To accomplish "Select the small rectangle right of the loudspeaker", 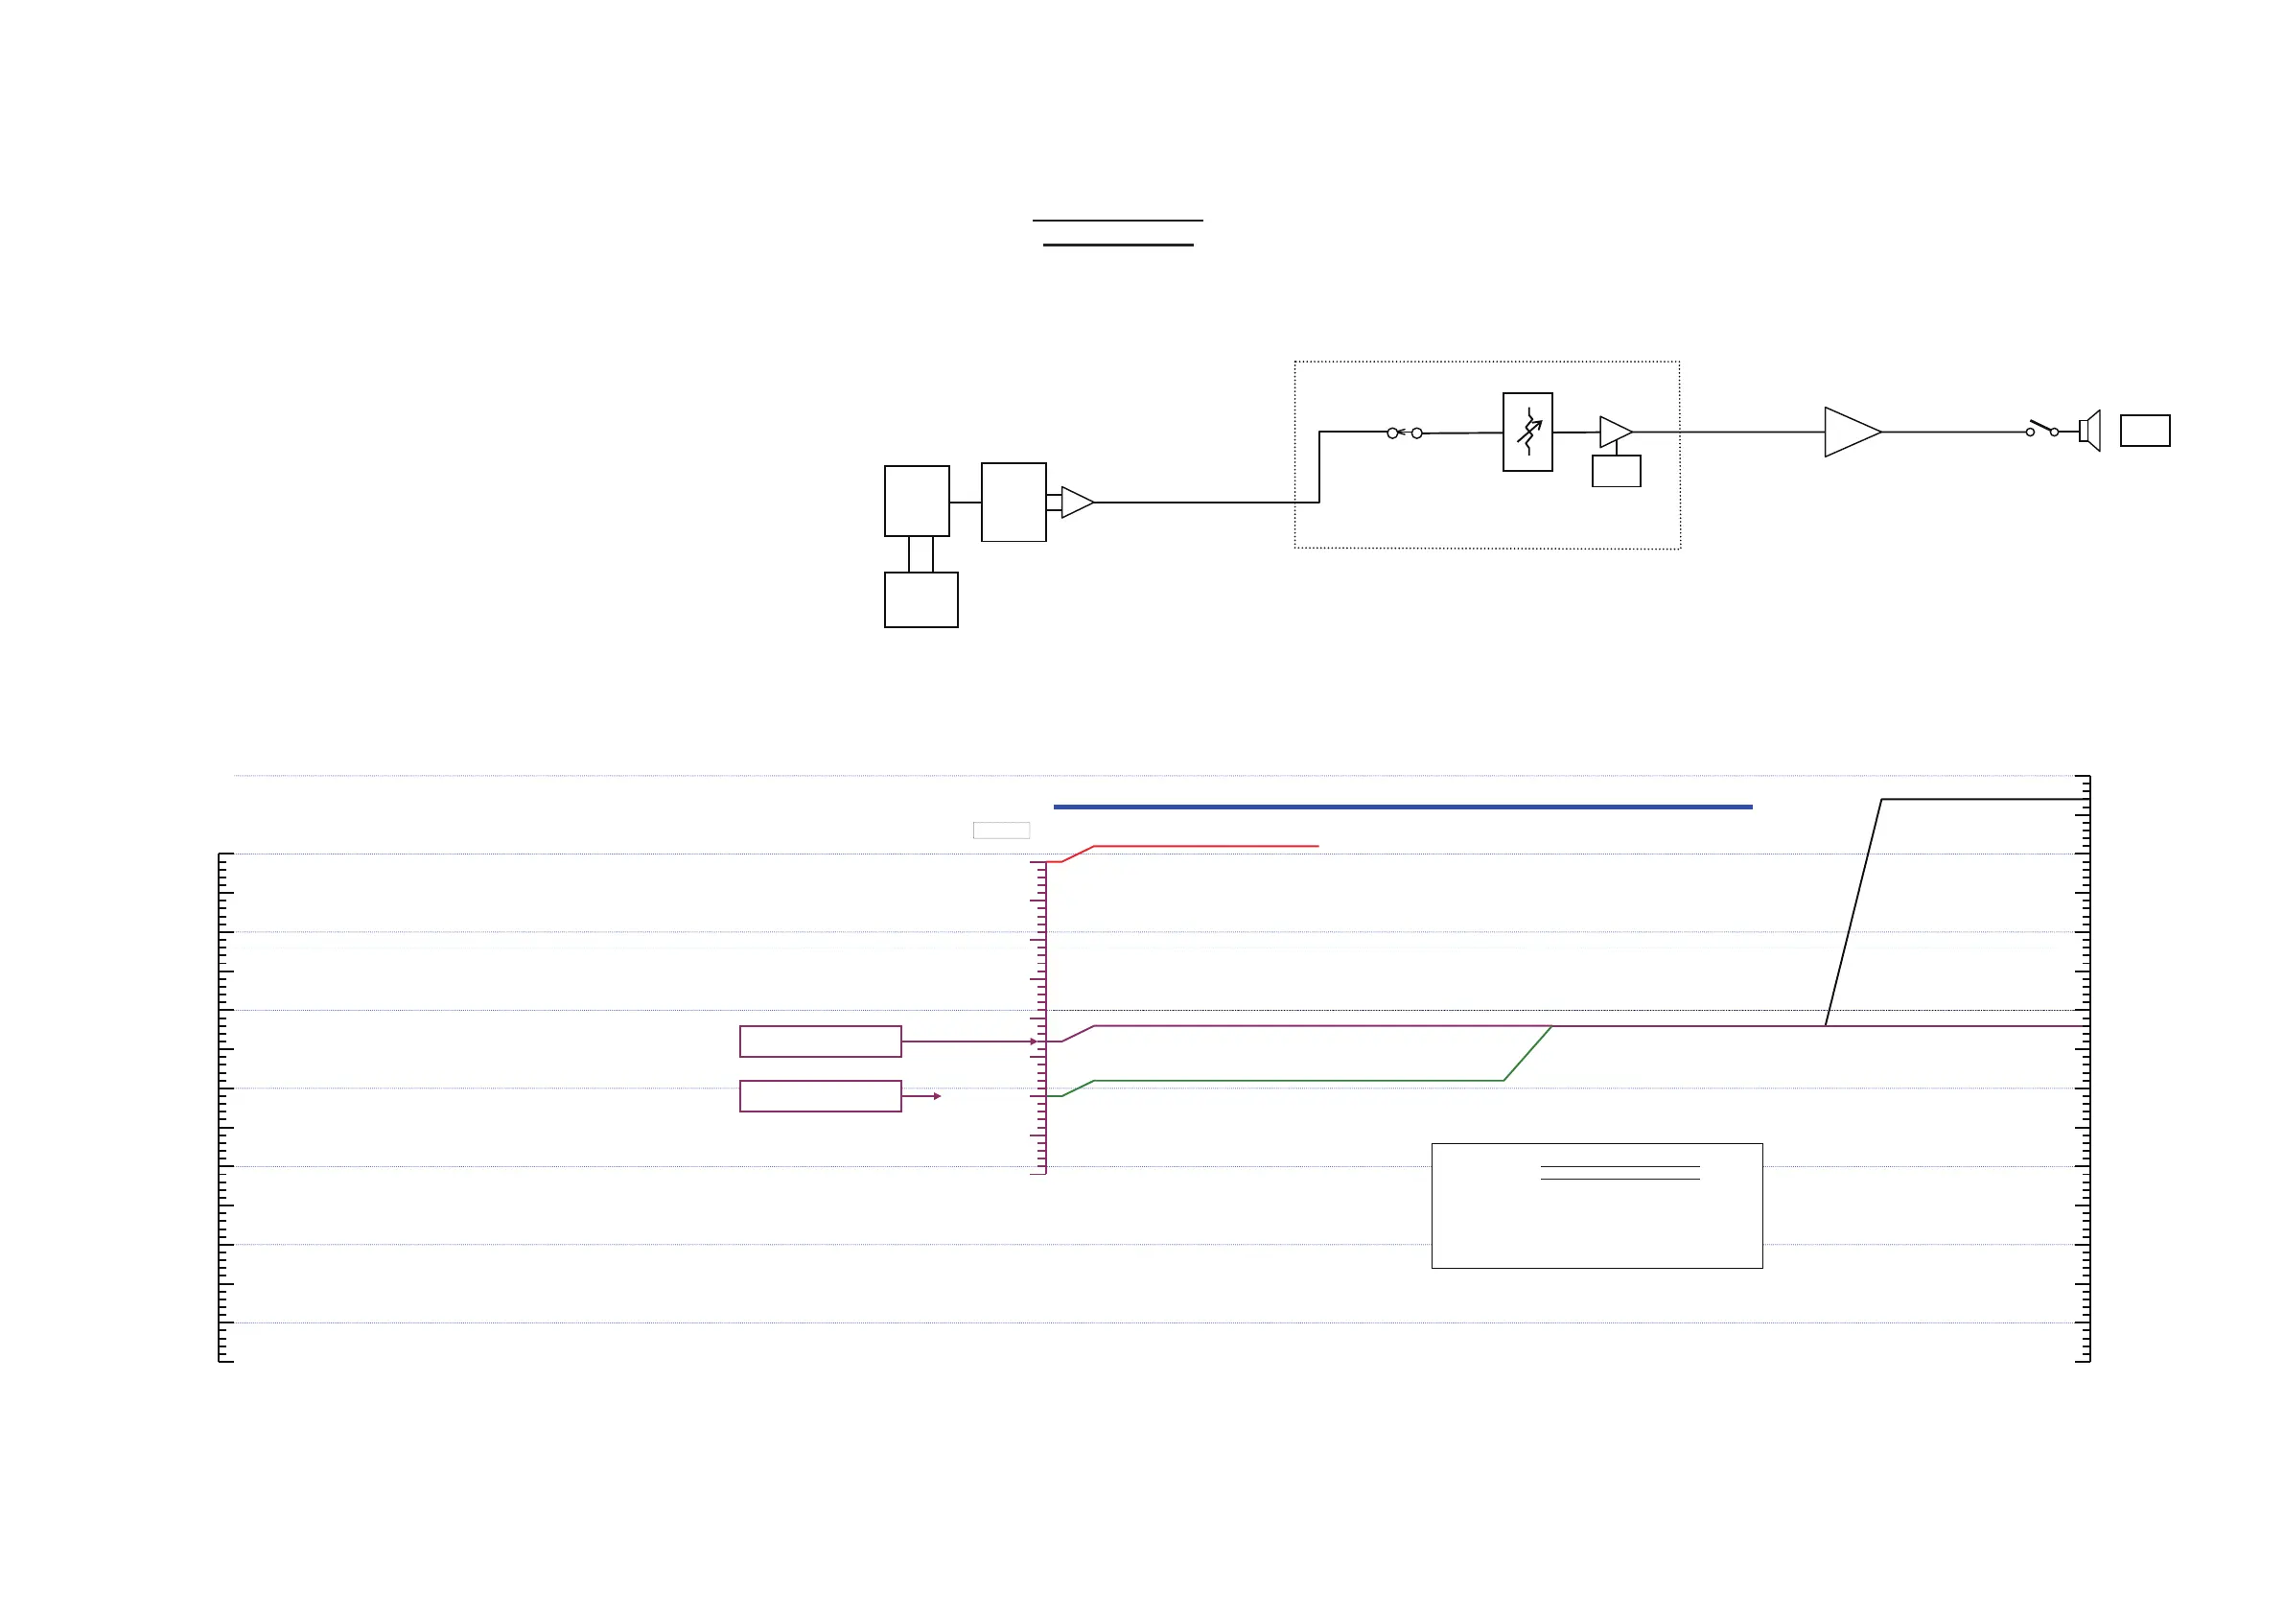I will click(x=2145, y=431).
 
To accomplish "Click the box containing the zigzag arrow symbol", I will click(x=1527, y=432).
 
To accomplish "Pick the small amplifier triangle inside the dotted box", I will click(x=1614, y=432).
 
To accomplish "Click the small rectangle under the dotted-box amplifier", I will click(x=1616, y=471).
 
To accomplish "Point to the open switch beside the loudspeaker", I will click(x=2041, y=429).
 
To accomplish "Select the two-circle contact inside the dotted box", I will click(x=1404, y=433).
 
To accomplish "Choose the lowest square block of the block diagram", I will click(x=921, y=599).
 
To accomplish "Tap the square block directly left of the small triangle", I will click(x=1013, y=503).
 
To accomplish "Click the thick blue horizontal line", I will click(x=1403, y=807).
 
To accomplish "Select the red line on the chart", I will click(x=1203, y=846).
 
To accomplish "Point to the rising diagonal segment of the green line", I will click(x=1528, y=1053).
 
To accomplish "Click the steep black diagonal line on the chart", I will click(x=1853, y=912).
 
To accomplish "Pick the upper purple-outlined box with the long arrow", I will click(x=820, y=1041).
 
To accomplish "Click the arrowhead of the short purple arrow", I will click(x=937, y=1096).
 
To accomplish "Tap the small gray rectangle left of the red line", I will click(x=1001, y=831).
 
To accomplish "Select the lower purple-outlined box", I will click(x=820, y=1095).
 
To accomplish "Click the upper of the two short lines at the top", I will click(x=1117, y=220).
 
